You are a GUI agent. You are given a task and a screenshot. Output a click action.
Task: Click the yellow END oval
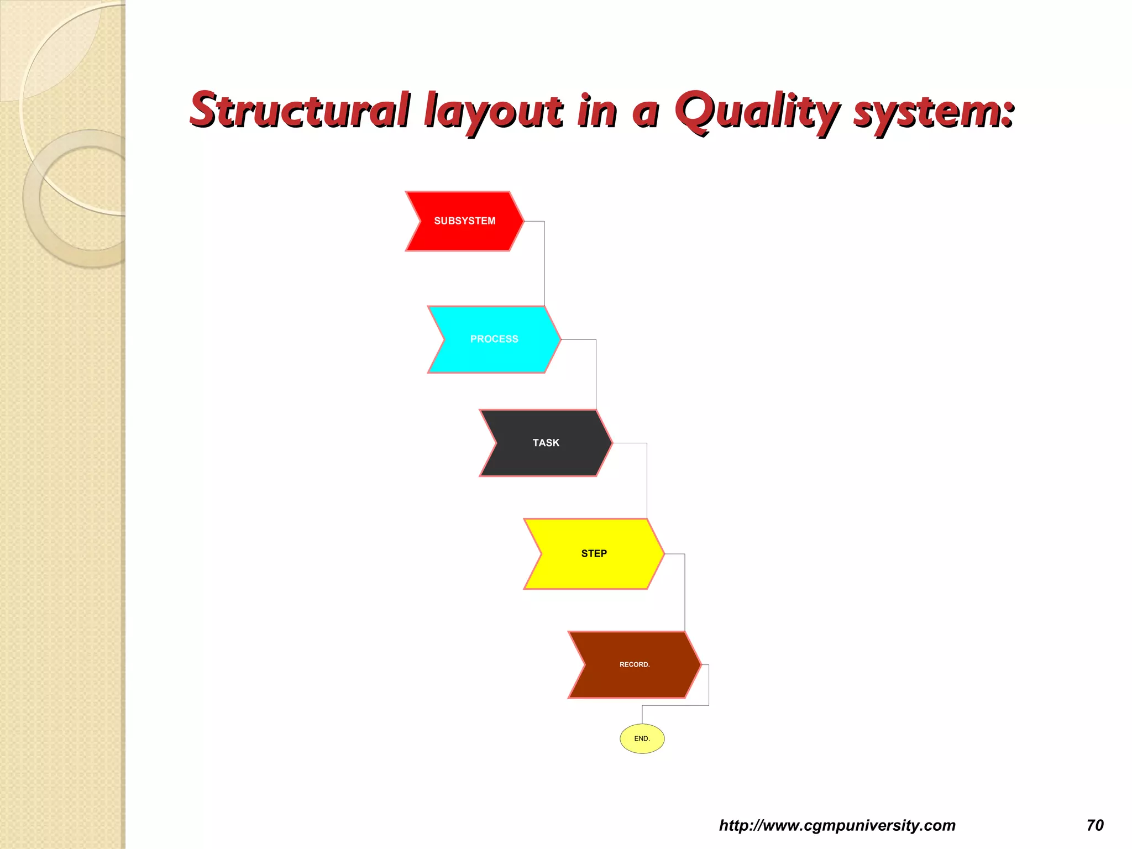point(642,738)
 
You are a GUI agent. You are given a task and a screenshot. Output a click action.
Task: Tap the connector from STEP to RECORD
point(685,591)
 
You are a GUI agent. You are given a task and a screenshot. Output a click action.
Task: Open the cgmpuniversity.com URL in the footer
point(837,825)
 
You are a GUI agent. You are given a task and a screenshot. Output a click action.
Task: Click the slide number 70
point(1094,825)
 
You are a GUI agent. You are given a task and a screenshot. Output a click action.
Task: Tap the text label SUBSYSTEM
point(465,221)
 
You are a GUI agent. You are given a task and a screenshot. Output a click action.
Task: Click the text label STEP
point(594,553)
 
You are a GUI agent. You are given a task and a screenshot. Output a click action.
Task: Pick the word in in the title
point(597,111)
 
